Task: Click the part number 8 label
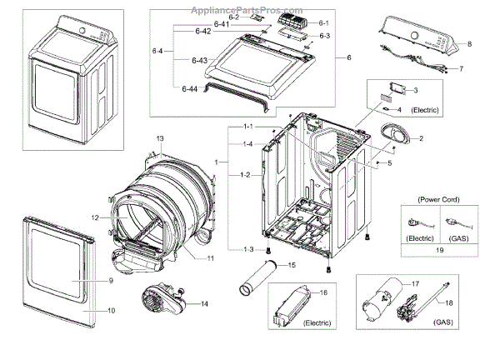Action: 468,42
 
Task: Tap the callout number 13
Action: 160,137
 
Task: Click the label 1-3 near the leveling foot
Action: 248,250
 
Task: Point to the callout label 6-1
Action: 323,22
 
